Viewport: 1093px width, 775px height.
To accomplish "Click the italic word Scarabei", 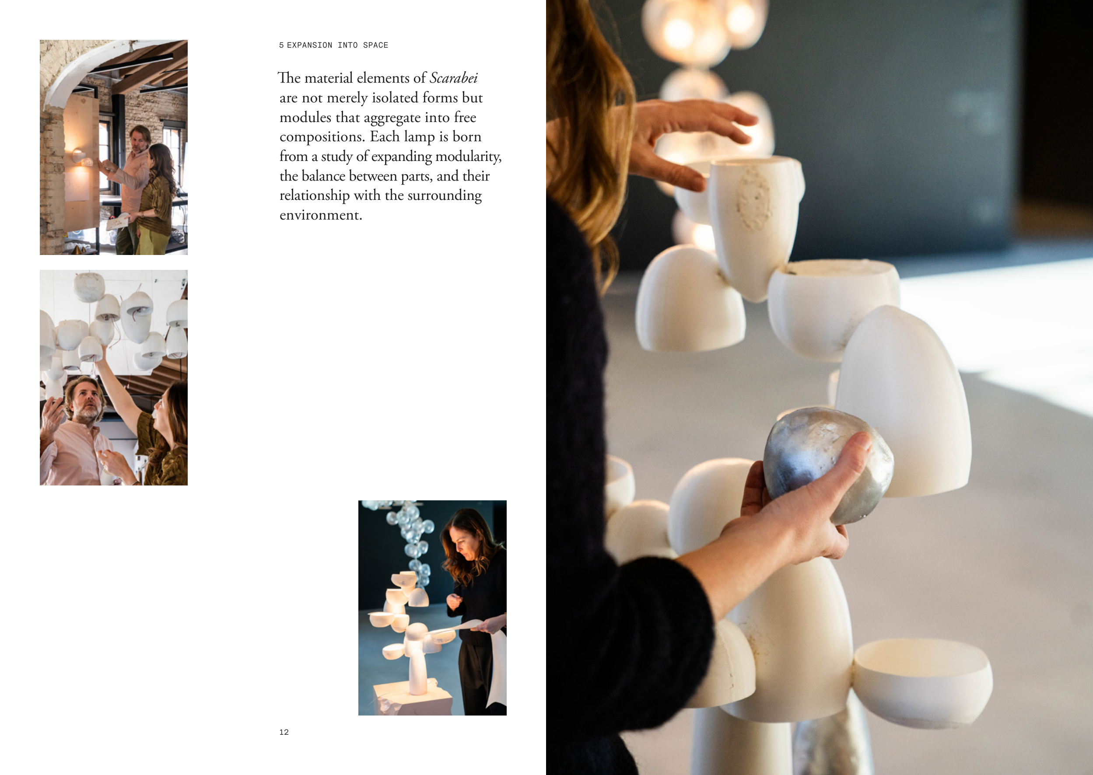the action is [x=453, y=78].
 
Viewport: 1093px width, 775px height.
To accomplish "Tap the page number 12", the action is [x=284, y=732].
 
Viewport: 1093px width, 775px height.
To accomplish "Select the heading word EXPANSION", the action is [x=309, y=45].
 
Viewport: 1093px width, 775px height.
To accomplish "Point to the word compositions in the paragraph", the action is [x=322, y=137].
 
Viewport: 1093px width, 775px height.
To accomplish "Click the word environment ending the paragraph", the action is [x=321, y=215].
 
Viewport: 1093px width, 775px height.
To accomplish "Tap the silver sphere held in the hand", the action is [x=827, y=465].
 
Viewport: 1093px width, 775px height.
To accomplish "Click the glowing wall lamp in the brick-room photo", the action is [x=79, y=156].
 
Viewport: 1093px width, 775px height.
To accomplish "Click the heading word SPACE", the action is [x=375, y=45].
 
